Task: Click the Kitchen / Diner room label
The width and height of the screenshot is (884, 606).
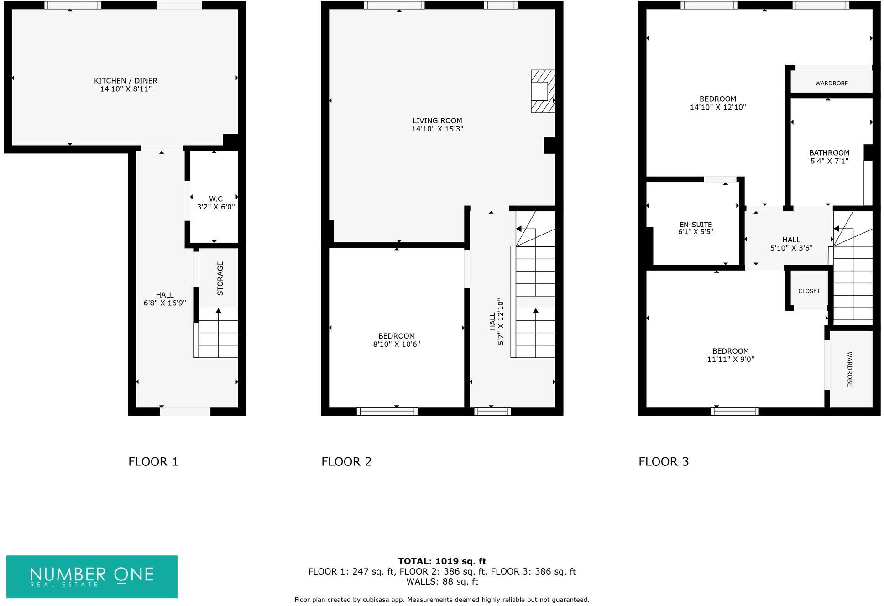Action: point(126,81)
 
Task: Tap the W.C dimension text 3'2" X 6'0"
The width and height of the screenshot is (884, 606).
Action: point(215,207)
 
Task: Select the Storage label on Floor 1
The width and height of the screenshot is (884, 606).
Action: point(220,278)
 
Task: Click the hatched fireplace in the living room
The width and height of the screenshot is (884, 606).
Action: point(543,91)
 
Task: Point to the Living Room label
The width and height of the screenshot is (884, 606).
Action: point(437,121)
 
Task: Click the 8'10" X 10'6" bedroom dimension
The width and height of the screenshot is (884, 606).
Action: point(396,345)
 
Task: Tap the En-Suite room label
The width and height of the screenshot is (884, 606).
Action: point(695,225)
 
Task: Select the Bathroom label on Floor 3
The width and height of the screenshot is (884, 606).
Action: point(829,153)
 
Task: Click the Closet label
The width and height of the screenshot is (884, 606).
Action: point(809,291)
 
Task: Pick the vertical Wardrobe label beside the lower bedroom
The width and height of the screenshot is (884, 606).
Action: point(849,369)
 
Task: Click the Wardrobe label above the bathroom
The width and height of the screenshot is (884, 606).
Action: point(831,84)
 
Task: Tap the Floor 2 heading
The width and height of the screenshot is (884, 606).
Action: point(346,462)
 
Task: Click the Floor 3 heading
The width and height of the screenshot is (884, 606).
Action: point(663,462)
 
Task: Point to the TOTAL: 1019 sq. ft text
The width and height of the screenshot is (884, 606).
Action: point(442,561)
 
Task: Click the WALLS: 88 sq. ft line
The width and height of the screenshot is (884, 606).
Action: point(442,582)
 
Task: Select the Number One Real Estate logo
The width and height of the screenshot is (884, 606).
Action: point(92,576)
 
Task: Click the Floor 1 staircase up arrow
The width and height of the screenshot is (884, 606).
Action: point(218,312)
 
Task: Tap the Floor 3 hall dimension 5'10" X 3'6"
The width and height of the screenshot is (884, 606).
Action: point(791,248)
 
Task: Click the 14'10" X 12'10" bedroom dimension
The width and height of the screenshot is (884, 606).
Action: point(717,107)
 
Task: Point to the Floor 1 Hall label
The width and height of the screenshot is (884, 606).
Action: point(164,295)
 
